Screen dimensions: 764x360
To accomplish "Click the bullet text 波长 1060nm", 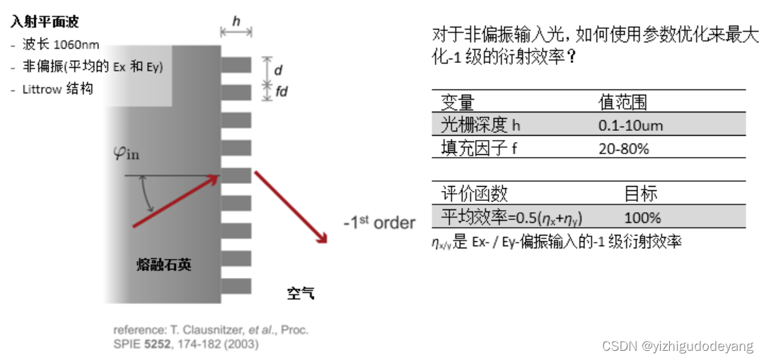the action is tap(57, 45).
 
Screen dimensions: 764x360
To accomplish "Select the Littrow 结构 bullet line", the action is tap(57, 90).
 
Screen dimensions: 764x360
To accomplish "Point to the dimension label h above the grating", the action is tap(236, 21).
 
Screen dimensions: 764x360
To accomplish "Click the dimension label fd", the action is tap(281, 91).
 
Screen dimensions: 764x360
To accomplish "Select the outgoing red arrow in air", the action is tap(290, 205).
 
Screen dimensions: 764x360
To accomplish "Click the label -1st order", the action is tap(379, 223).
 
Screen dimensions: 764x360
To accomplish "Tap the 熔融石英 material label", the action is tap(163, 265).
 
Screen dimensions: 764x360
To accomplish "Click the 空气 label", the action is tap(301, 293).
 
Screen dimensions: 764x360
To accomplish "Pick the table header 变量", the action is tap(457, 102).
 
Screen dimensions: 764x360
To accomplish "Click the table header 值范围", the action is tap(623, 102).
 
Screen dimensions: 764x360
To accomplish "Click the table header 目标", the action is tap(641, 193).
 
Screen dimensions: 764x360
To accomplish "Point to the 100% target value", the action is tap(642, 216).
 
